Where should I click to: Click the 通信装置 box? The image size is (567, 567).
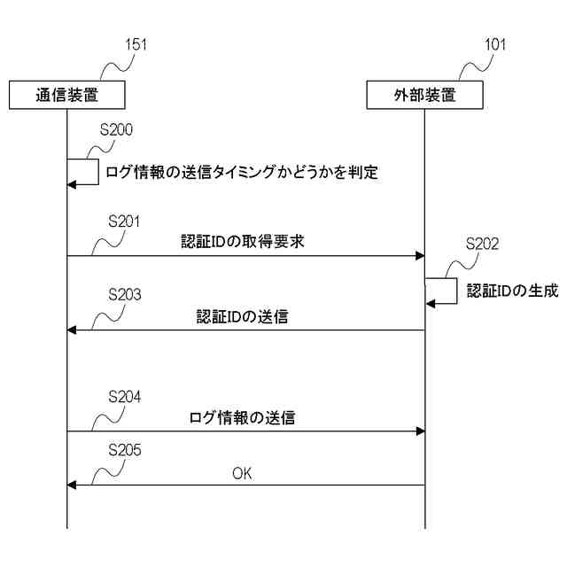pos(66,95)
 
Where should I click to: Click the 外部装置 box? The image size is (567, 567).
pos(425,95)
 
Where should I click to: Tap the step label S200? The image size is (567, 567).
pos(116,129)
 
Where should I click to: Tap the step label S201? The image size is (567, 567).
pos(124,221)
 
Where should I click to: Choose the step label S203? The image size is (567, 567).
pos(124,293)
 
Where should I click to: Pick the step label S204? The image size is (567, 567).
pos(124,396)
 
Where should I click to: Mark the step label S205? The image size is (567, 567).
pos(124,450)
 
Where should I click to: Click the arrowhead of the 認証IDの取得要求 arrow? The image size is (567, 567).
pos(420,256)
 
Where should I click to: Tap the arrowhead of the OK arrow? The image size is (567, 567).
pos(73,485)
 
